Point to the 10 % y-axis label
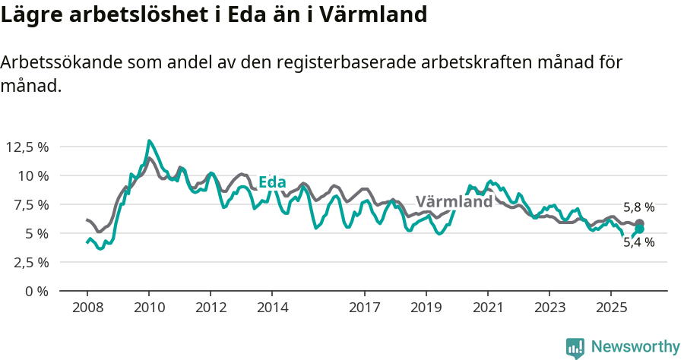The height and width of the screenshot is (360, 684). pyautogui.click(x=33, y=175)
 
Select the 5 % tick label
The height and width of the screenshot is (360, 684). pyautogui.click(x=36, y=233)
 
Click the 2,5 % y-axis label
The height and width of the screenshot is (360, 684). pyautogui.click(x=30, y=262)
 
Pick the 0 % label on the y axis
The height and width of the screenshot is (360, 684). pyautogui.click(x=36, y=291)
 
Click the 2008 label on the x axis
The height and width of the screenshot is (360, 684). pyautogui.click(x=87, y=308)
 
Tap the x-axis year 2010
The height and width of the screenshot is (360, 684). pyautogui.click(x=149, y=308)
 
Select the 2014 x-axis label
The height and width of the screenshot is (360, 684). pyautogui.click(x=272, y=308)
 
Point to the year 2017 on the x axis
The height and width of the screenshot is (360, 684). pyautogui.click(x=364, y=308)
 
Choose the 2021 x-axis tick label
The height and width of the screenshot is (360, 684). pyautogui.click(x=487, y=308)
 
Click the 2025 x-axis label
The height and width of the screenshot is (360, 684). pyautogui.click(x=610, y=308)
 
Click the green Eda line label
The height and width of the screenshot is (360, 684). pyautogui.click(x=272, y=182)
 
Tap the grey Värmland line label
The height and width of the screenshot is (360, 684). pyautogui.click(x=454, y=202)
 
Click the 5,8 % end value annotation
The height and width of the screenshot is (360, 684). pyautogui.click(x=638, y=207)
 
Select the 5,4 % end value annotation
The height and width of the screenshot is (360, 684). pyautogui.click(x=638, y=242)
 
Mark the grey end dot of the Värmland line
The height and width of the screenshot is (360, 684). pyautogui.click(x=640, y=223)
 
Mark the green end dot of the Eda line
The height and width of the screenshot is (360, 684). pyautogui.click(x=640, y=229)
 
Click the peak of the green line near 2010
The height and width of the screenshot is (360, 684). pyautogui.click(x=149, y=141)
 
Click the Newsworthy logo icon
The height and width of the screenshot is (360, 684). pyautogui.click(x=575, y=348)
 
